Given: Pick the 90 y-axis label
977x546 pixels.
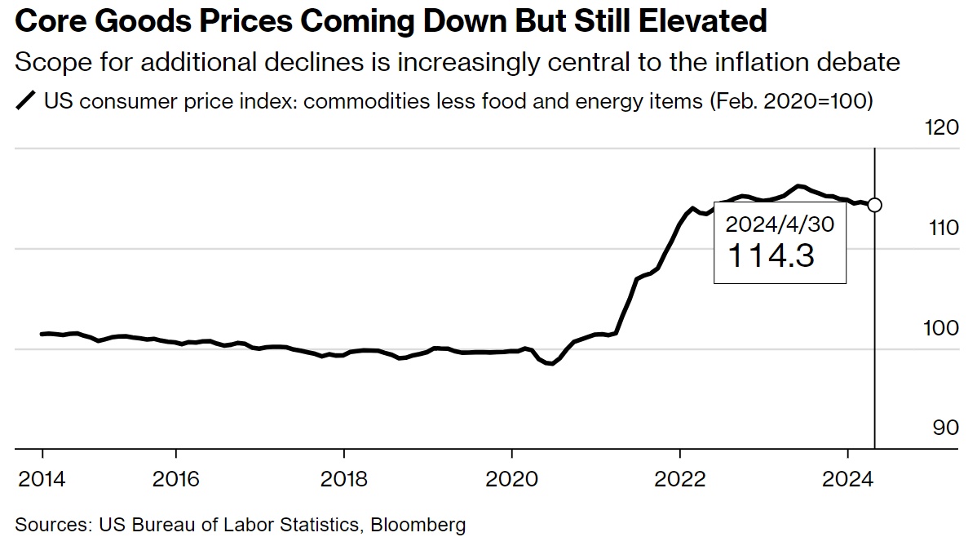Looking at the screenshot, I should click(946, 428).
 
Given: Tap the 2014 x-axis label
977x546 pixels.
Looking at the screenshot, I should click(42, 478).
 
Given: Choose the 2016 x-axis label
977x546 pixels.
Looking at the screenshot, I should click(176, 478).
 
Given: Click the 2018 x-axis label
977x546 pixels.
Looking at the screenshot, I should click(344, 478).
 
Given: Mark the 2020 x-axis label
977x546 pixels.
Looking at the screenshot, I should click(512, 478).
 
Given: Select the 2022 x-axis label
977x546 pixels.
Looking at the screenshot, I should click(680, 478).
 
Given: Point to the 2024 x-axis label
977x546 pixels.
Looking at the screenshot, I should click(848, 478).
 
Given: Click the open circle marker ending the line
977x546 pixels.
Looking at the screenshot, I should click(874, 205).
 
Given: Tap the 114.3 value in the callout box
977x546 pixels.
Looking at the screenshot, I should click(770, 256).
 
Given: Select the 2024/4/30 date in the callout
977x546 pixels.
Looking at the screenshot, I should click(780, 224).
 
